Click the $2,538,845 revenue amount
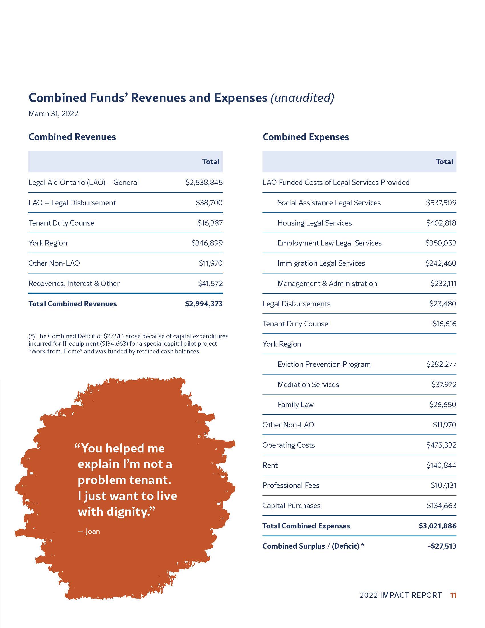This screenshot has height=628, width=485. [x=204, y=182]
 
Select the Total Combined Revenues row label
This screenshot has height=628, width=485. [x=72, y=304]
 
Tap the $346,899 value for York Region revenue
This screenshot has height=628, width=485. [x=207, y=243]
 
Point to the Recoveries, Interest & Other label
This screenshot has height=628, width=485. [x=74, y=283]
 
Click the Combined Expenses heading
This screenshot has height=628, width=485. [x=306, y=137]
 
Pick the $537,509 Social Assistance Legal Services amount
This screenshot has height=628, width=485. [x=441, y=203]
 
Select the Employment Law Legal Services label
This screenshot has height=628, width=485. [x=329, y=243]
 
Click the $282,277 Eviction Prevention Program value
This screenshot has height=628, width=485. [x=441, y=364]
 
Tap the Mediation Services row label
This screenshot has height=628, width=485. [x=308, y=385]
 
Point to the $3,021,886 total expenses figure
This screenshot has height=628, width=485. [x=437, y=526]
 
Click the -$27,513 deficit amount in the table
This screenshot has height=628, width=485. [x=442, y=546]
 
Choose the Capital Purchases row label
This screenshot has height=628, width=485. [x=291, y=506]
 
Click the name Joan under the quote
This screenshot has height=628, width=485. [x=92, y=532]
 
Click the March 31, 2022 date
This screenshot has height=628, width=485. [x=53, y=114]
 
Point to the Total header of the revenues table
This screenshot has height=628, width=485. [x=211, y=162]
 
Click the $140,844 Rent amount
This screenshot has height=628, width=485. [x=441, y=465]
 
